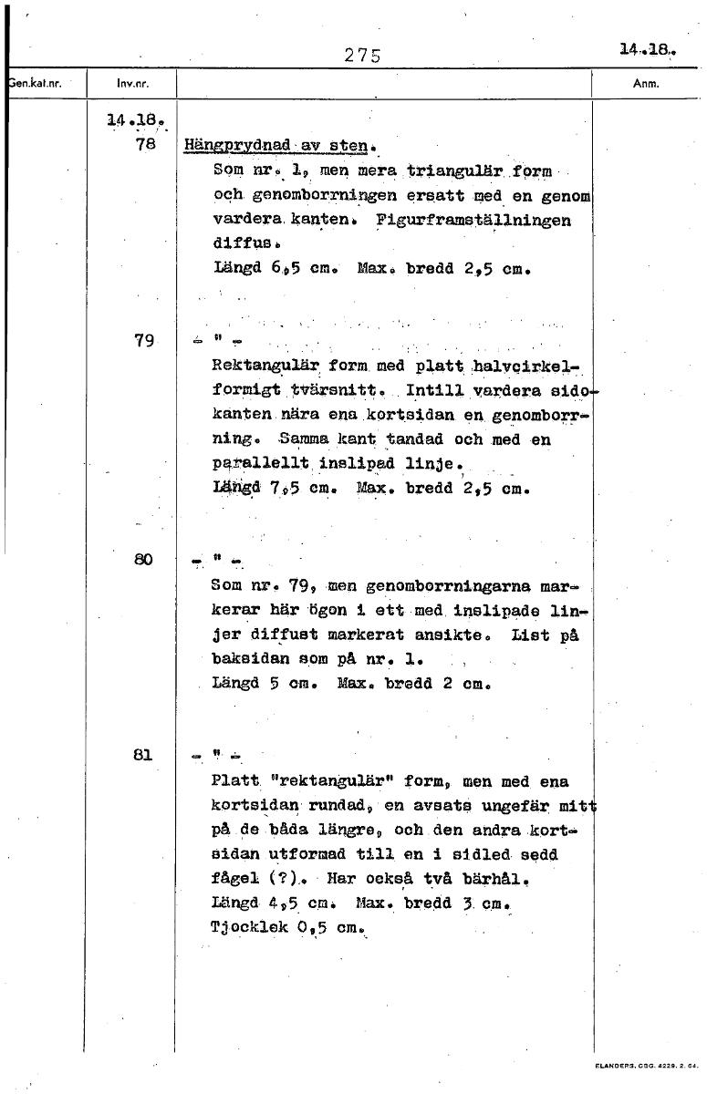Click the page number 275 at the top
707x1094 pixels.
click(x=361, y=54)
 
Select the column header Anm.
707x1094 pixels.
click(x=645, y=85)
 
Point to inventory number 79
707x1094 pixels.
click(x=144, y=341)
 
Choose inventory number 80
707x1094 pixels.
click(x=144, y=559)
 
